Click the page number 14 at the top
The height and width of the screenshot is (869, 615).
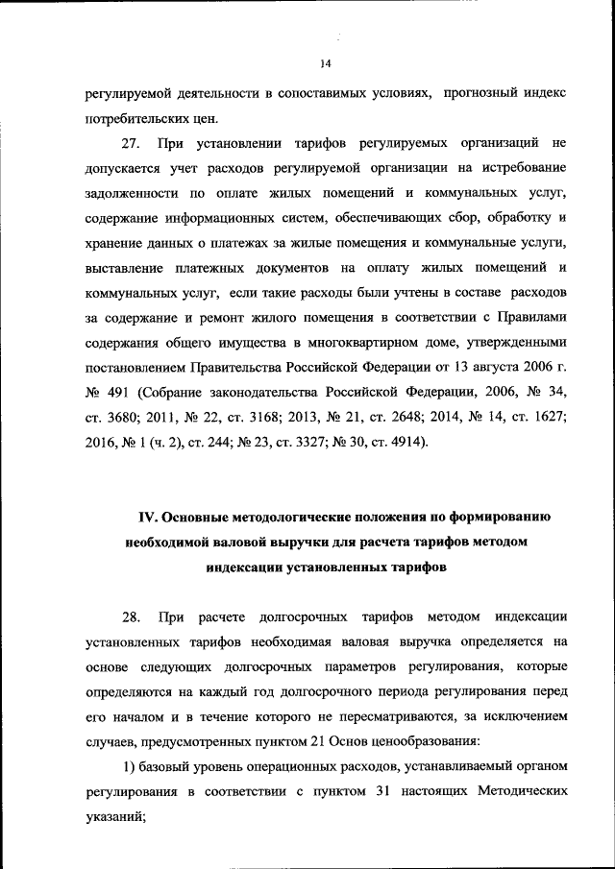click(x=325, y=64)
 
